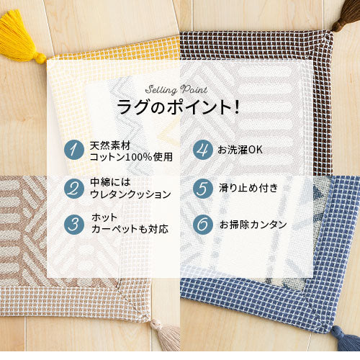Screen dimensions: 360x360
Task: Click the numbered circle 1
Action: (x=74, y=150)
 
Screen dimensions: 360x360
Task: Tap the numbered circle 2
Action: (x=74, y=189)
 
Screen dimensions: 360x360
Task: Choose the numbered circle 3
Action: (x=74, y=225)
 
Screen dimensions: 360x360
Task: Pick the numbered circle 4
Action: (x=203, y=150)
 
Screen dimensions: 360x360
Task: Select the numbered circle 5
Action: (x=203, y=189)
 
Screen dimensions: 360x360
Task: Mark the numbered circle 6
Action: (x=203, y=225)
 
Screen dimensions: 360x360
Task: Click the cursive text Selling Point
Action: (x=176, y=90)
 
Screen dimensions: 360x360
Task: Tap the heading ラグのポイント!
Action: (x=178, y=107)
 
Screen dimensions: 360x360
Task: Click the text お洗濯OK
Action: (x=240, y=150)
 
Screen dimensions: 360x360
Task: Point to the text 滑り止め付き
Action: (x=248, y=188)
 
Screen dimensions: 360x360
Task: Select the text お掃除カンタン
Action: (x=253, y=225)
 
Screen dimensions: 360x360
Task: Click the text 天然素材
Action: (x=110, y=145)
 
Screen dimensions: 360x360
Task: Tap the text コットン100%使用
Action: (x=131, y=157)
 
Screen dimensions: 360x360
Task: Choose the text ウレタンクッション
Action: (x=130, y=194)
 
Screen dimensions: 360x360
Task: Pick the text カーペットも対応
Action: (x=130, y=229)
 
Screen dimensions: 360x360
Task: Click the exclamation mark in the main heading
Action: (x=237, y=107)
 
